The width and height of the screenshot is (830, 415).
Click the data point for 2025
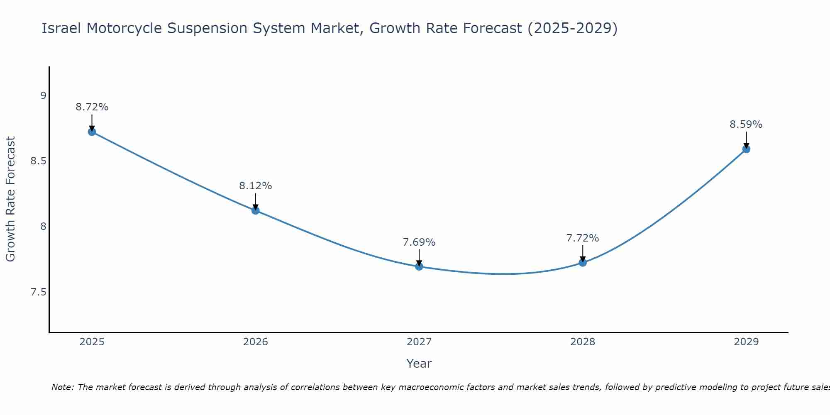(x=92, y=132)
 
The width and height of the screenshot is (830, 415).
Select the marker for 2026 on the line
(x=256, y=210)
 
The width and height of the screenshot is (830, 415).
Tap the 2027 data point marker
(x=419, y=266)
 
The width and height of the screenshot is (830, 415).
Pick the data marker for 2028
(x=583, y=262)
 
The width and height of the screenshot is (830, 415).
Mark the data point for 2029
(x=746, y=149)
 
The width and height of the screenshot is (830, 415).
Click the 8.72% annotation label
(x=92, y=107)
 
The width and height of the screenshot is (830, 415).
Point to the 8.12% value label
(x=256, y=186)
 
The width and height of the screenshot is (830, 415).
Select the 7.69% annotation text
(x=419, y=242)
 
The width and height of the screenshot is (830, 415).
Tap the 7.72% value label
(x=583, y=238)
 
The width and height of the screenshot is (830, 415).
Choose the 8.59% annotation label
(x=746, y=124)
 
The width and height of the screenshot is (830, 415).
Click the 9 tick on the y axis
(x=43, y=96)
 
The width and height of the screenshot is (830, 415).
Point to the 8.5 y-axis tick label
(x=38, y=161)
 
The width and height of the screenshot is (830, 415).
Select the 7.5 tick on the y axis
(x=38, y=292)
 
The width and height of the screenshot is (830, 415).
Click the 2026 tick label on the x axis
(x=256, y=342)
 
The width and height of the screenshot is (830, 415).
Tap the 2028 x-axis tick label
(x=583, y=342)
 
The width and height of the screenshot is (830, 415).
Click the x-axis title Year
(x=419, y=364)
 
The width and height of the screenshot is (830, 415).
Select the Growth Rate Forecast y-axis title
(x=11, y=199)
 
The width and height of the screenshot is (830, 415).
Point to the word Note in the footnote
(x=62, y=387)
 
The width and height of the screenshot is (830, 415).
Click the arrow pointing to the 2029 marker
(x=746, y=139)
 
